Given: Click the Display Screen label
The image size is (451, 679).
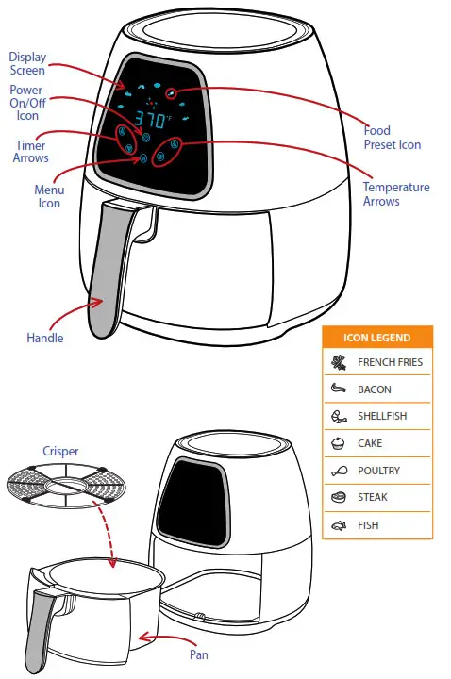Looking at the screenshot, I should pos(28,63).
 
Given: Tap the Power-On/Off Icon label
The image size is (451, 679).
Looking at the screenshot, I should pos(27,103).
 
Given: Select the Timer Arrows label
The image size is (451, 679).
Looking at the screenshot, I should pos(30,152).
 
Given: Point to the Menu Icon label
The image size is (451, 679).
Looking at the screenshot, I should pos(48,196).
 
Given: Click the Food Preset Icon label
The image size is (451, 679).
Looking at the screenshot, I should pos(392,138).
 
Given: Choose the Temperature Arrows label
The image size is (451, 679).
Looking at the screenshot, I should pos(395,194).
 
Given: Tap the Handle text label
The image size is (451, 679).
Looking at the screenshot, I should pos(45,338).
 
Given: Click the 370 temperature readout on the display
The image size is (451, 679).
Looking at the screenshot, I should pos(151,121).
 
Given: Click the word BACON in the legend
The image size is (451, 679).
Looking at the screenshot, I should pos(374,389).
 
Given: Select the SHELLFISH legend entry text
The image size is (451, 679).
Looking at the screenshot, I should pos(381,416).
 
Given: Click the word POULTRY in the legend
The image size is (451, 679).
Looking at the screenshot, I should pos(378,471).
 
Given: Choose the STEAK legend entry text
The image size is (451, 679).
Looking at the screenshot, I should pos(373,497).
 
